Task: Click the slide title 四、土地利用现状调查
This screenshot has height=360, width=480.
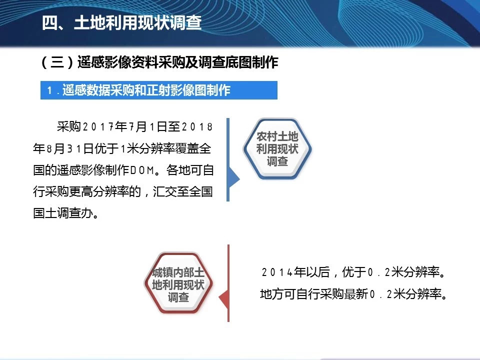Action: point(121,22)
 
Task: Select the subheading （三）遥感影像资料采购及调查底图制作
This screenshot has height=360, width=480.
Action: point(159,62)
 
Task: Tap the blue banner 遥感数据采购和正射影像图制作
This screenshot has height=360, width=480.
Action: point(159,90)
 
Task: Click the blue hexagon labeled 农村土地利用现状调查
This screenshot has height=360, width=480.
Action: point(277,149)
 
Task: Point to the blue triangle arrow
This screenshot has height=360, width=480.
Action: point(234,179)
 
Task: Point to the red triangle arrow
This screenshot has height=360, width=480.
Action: point(223,298)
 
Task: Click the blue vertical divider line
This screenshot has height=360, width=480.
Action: point(228,159)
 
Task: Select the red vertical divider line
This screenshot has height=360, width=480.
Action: point(228,283)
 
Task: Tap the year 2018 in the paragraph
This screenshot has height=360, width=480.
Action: point(197,126)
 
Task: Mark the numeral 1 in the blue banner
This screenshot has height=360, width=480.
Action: point(49,90)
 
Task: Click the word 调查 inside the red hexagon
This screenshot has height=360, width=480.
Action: point(178,297)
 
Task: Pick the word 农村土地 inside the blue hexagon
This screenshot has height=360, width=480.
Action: point(277,136)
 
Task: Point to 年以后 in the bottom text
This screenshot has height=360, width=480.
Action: point(311,272)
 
